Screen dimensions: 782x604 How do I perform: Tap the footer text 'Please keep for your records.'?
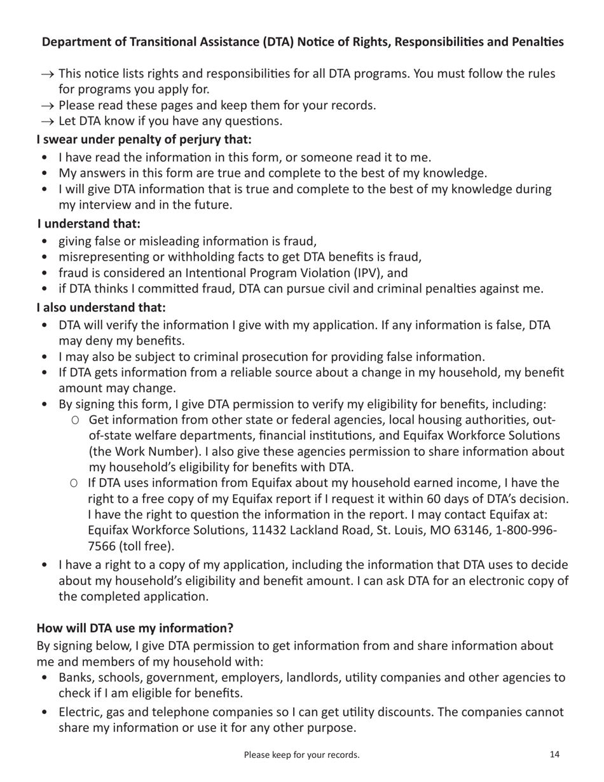tap(302, 755)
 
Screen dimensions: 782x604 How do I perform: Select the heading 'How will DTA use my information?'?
tap(135, 628)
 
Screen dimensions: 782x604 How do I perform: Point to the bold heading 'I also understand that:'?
tap(102, 307)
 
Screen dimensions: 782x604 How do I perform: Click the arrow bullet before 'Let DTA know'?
tap(48, 121)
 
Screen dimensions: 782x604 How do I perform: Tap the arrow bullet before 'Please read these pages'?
tap(48, 105)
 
